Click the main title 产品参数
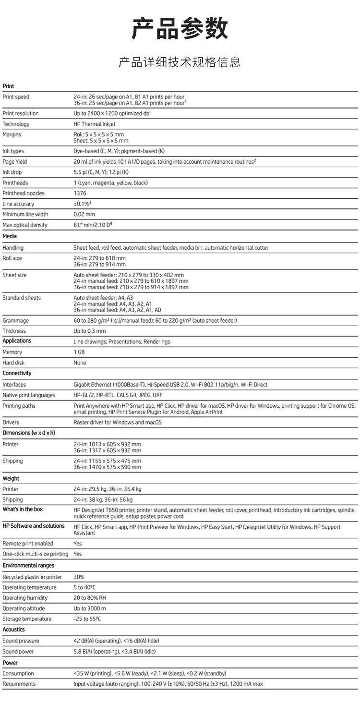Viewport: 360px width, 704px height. pos(180,29)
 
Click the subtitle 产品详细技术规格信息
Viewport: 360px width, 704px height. pos(180,62)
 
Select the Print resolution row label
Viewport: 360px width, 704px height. pos(21,113)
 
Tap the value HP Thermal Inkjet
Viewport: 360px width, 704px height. pos(95,124)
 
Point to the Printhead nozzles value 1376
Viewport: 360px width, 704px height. pos(80,193)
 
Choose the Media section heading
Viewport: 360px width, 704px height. pos(10,236)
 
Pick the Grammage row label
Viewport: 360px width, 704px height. pos(15,320)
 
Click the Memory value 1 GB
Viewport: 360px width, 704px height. pos(79,352)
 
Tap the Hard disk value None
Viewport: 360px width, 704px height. pos(80,363)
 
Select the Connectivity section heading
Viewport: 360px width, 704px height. pos(17,373)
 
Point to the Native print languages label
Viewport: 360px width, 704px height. pos(29,395)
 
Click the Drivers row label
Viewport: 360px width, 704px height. pos(11,422)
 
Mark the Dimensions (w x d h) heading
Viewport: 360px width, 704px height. pos(29,433)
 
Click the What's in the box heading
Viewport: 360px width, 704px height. pos(23,509)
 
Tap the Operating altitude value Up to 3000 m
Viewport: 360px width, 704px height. pos(90,608)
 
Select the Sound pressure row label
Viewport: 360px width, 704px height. pos(21,641)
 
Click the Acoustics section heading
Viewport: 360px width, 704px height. pos(13,630)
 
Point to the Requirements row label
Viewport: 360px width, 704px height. pos(19,683)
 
